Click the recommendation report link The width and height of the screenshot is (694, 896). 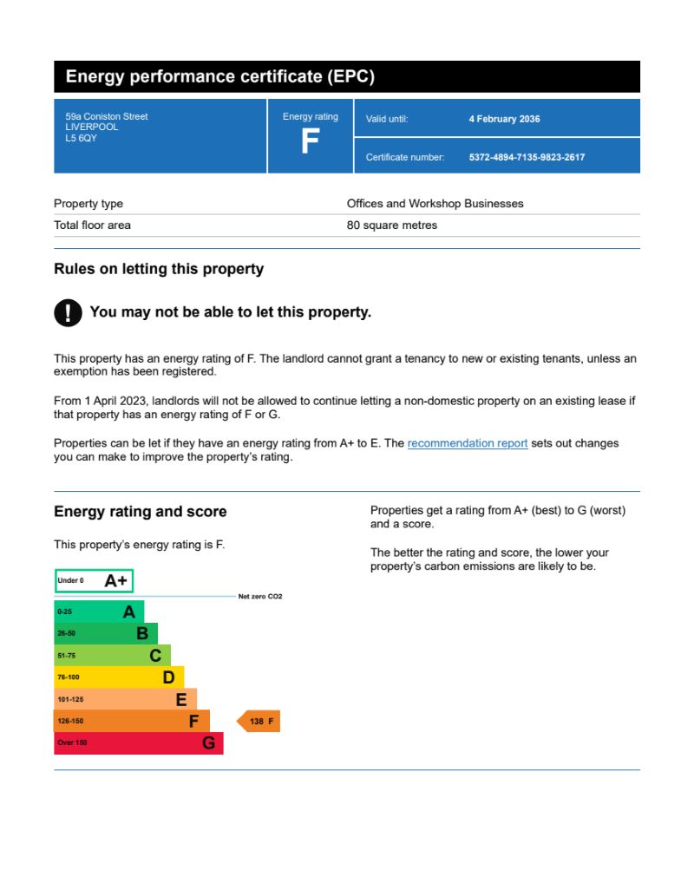tap(467, 443)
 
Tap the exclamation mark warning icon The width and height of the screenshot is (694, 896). tap(68, 313)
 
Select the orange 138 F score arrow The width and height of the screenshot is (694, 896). tap(259, 721)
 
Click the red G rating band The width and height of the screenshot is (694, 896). tap(139, 743)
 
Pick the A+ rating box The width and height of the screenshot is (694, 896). tap(94, 581)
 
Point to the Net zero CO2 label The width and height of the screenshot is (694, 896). tap(260, 597)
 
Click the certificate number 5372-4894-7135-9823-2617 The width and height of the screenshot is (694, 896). tap(527, 157)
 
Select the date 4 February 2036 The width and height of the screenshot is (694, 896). tap(504, 119)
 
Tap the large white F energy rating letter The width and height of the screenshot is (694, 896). tap(310, 141)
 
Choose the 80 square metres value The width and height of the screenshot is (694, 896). tap(392, 226)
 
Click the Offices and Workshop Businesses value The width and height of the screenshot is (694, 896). tap(435, 204)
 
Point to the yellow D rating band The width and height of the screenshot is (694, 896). tap(119, 677)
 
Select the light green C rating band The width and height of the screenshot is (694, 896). tap(112, 656)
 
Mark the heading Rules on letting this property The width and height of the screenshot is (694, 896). tap(159, 269)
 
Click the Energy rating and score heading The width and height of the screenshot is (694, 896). tap(140, 512)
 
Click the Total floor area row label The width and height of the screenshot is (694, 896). tap(92, 226)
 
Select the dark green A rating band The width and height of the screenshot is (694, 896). tap(99, 612)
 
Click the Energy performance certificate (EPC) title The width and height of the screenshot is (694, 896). tap(220, 76)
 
